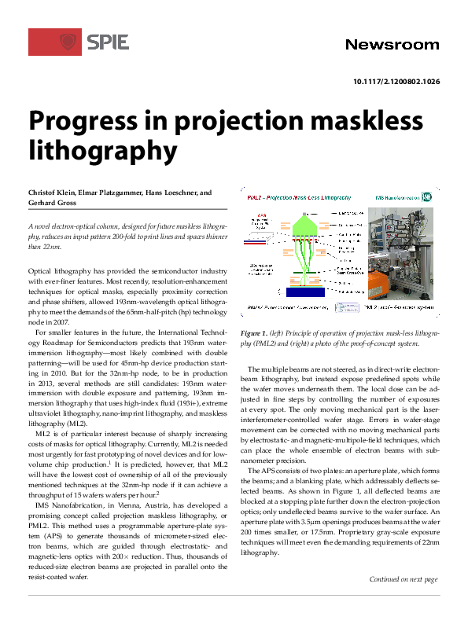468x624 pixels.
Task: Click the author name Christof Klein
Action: pyautogui.click(x=53, y=192)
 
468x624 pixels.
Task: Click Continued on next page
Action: pyautogui.click(x=403, y=579)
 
